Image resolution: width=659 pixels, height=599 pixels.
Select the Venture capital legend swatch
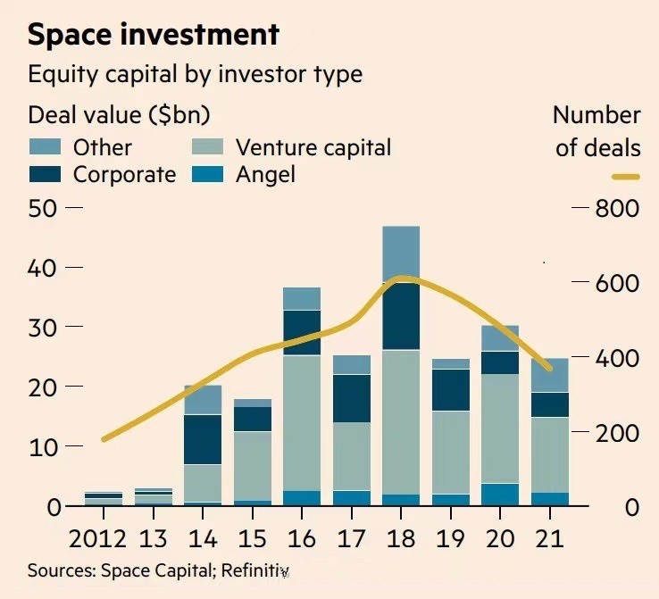pyautogui.click(x=211, y=147)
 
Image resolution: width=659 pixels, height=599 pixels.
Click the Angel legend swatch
pyautogui.click(x=211, y=174)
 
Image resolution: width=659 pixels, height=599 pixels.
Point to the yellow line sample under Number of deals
pyautogui.click(x=626, y=178)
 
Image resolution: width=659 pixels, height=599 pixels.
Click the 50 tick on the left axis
pyautogui.click(x=43, y=208)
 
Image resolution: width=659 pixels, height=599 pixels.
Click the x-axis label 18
pyautogui.click(x=401, y=539)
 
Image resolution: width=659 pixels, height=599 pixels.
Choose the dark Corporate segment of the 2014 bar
pyautogui.click(x=203, y=439)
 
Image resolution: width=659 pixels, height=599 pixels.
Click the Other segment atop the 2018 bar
pyautogui.click(x=401, y=254)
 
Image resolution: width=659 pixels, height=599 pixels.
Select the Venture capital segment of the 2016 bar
pyautogui.click(x=302, y=423)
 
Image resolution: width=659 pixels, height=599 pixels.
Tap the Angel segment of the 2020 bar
pyautogui.click(x=500, y=495)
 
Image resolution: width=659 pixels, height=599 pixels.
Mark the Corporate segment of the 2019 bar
pyautogui.click(x=451, y=390)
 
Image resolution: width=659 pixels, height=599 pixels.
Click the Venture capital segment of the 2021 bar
pyautogui.click(x=550, y=454)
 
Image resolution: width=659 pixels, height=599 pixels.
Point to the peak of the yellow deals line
pyautogui.click(x=404, y=279)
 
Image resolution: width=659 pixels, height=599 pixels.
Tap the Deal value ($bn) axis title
pyautogui.click(x=119, y=115)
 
